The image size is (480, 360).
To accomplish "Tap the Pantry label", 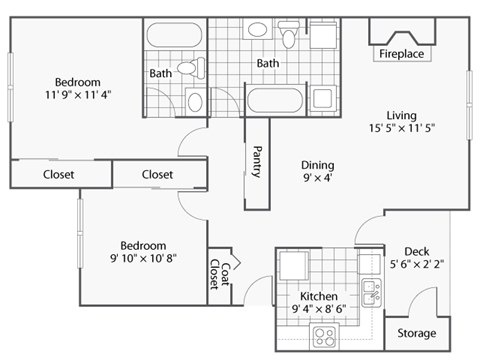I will tap(257, 162).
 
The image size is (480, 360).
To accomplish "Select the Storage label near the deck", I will tap(416, 333).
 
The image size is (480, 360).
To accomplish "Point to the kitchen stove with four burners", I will tap(325, 334).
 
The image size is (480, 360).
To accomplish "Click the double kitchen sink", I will tap(370, 293).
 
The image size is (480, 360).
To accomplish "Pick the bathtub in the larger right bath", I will tap(275, 101).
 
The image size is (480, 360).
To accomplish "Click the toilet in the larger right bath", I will tap(289, 37).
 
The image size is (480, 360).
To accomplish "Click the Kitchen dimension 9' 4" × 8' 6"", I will tap(320, 311).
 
